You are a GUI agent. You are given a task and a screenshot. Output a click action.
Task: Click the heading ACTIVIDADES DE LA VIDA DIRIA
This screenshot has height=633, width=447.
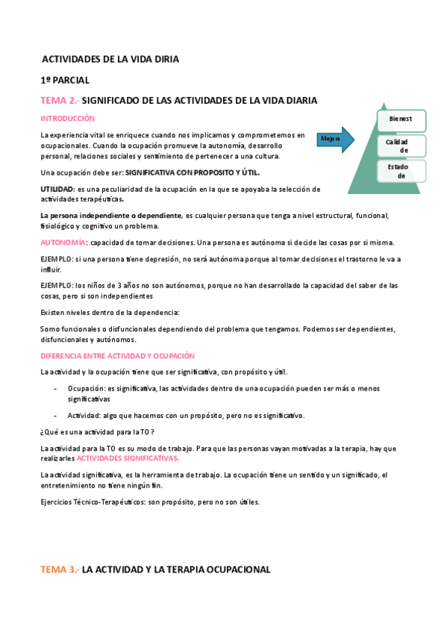click(110, 58)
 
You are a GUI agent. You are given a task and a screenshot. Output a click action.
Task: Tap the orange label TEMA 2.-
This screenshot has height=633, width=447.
click(58, 100)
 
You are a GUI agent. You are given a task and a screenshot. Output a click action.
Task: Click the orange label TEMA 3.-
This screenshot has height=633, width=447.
click(58, 570)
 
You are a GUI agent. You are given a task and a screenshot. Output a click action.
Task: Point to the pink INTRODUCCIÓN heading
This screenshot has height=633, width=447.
click(67, 118)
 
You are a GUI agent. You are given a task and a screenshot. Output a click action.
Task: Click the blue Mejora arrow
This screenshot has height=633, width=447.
click(337, 139)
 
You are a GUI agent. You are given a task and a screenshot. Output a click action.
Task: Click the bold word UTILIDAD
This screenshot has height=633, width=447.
click(57, 189)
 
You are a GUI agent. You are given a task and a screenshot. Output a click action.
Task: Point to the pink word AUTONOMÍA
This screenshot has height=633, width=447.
click(63, 243)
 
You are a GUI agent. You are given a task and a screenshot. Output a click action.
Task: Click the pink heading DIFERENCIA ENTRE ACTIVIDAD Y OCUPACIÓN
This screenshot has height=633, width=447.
click(117, 356)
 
